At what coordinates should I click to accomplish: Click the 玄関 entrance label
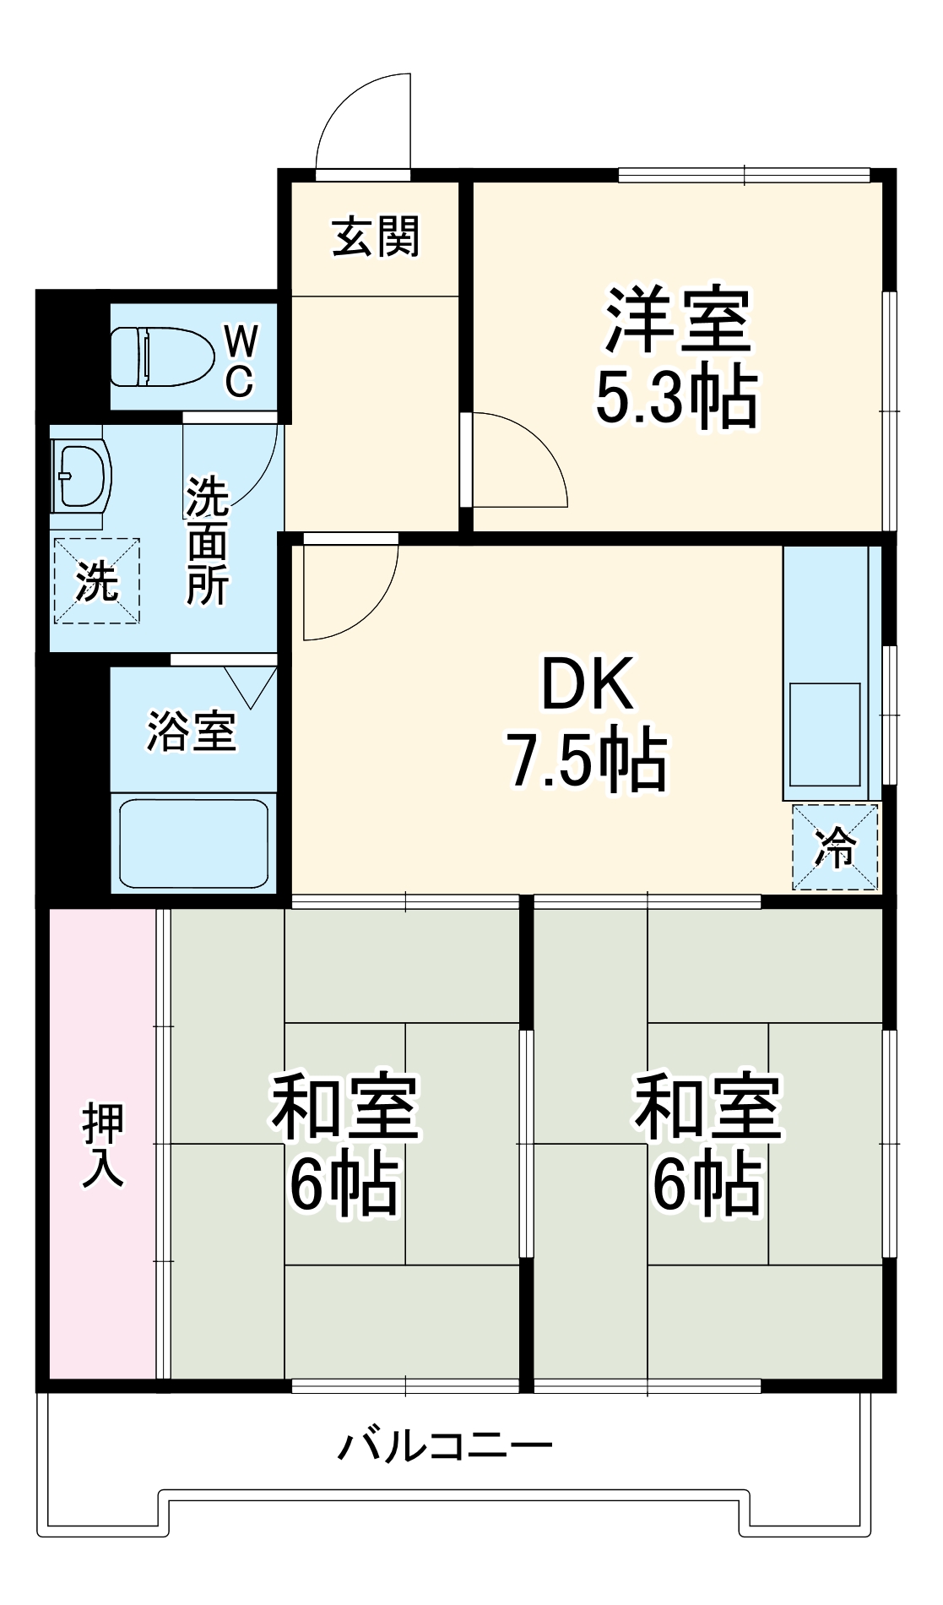[376, 237]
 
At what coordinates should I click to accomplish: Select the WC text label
[240, 362]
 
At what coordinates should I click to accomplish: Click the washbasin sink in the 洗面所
[82, 475]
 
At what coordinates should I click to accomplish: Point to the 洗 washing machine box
[96, 580]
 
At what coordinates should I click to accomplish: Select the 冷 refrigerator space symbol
[834, 847]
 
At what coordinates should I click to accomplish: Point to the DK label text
[588, 684]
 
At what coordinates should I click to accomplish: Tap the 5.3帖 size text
[676, 398]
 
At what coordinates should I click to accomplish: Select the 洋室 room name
[676, 321]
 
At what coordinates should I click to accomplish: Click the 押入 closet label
[103, 1145]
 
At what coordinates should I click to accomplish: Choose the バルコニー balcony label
[445, 1445]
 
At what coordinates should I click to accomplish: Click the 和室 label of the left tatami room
[344, 1107]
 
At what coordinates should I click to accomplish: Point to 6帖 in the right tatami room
[707, 1184]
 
